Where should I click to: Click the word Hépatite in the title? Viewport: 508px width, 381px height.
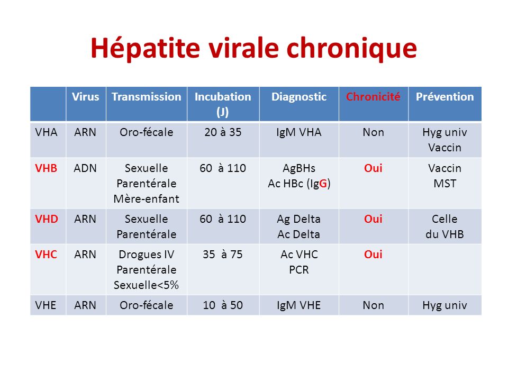[145, 48]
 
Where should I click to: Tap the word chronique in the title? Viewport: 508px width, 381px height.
[351, 49]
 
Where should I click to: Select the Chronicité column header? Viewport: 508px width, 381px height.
[373, 96]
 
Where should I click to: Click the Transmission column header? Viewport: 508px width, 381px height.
[147, 96]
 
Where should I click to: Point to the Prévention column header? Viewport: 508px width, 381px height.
[445, 96]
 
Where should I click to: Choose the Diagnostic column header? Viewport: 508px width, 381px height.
[298, 97]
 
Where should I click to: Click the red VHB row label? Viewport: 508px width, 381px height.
[46, 168]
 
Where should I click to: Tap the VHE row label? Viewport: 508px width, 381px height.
[46, 305]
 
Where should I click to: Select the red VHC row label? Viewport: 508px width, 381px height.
[46, 255]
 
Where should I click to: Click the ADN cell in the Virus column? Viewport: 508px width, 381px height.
[85, 168]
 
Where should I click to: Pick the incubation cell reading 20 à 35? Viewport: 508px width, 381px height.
[223, 132]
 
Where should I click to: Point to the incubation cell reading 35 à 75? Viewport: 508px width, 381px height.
[223, 255]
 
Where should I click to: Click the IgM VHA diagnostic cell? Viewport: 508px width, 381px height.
[298, 132]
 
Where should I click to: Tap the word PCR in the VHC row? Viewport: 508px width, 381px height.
[298, 269]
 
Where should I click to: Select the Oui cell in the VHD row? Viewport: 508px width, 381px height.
[373, 219]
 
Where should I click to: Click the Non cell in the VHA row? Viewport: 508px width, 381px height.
[373, 132]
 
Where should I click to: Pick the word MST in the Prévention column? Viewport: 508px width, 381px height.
[445, 184]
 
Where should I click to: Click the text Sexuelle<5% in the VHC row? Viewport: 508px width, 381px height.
[147, 285]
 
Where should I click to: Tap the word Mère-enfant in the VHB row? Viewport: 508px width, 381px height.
[147, 198]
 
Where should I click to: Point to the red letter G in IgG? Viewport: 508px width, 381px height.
[323, 184]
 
